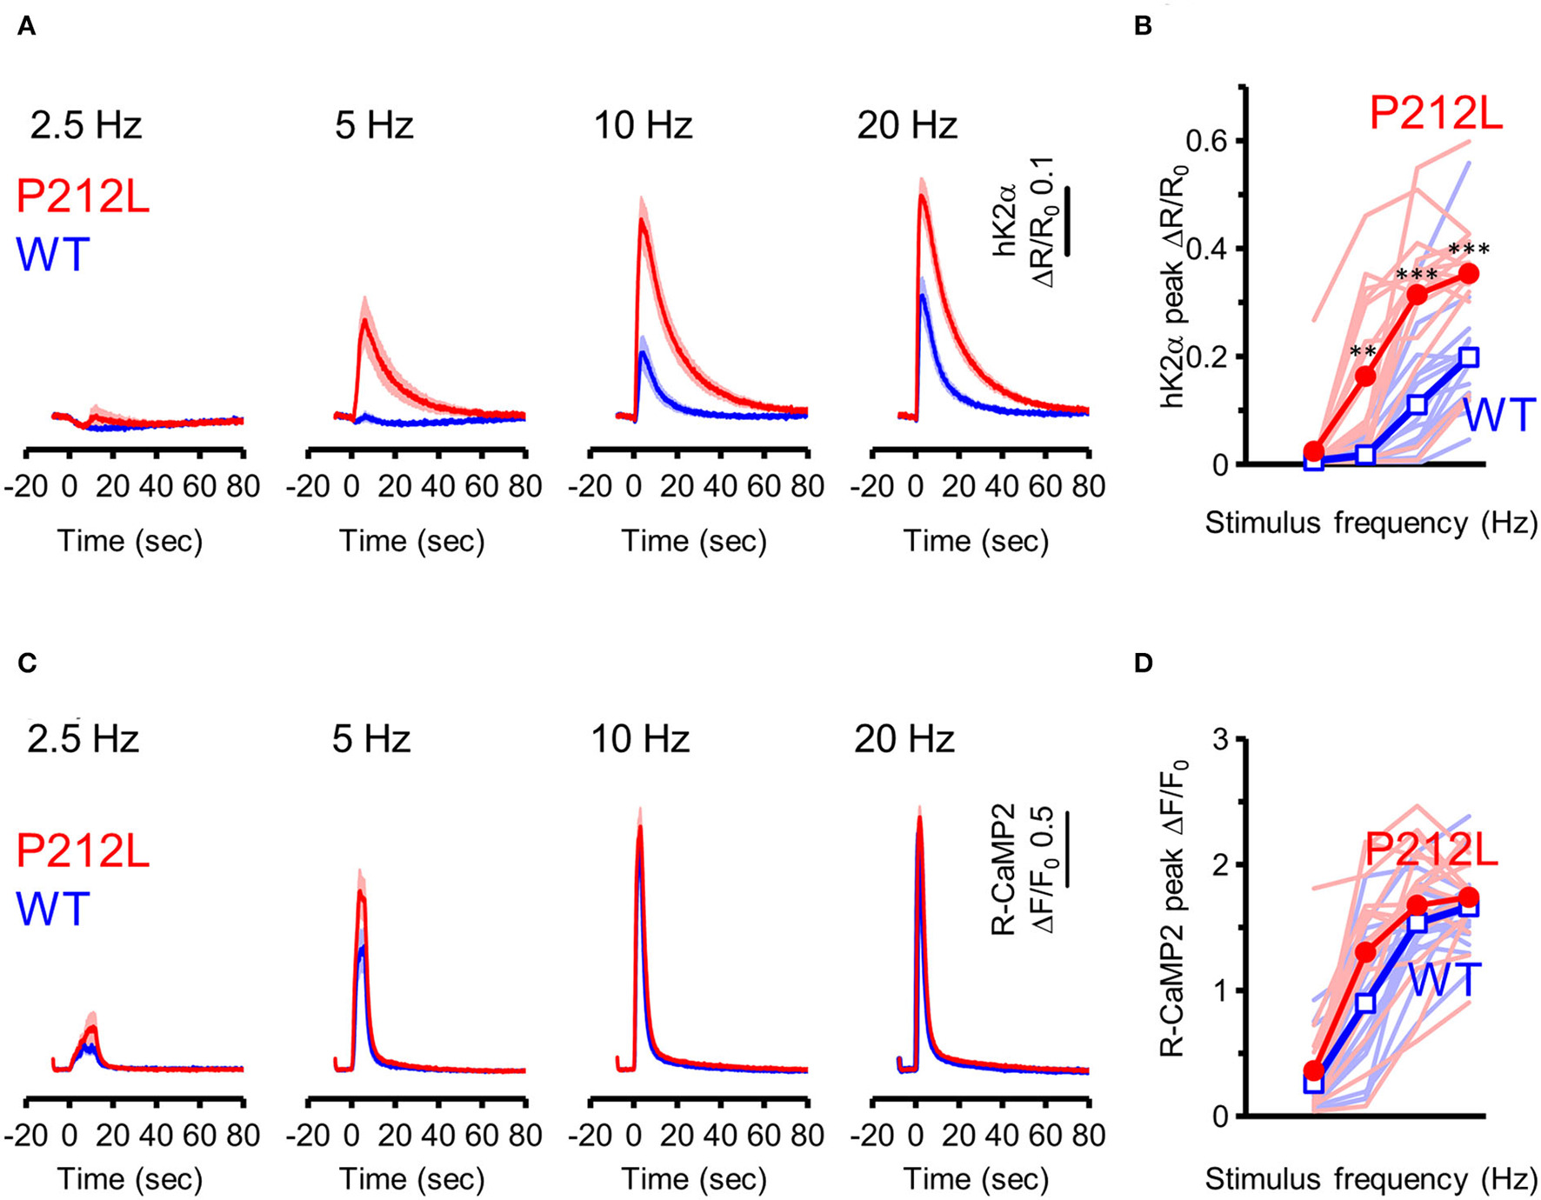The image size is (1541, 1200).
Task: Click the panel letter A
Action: tap(26, 27)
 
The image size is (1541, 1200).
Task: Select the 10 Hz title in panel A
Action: tap(643, 127)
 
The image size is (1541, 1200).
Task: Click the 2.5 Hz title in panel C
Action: tap(83, 739)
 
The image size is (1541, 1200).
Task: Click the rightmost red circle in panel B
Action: tap(1469, 274)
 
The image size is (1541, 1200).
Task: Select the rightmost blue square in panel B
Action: tap(1469, 357)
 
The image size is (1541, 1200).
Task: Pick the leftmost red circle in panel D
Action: tap(1314, 1070)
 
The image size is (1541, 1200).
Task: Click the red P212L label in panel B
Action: tap(1436, 114)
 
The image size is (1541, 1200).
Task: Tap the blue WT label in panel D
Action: tap(1444, 980)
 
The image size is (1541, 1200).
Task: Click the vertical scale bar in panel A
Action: tap(1067, 220)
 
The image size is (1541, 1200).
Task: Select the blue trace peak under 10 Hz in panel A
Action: tap(642, 352)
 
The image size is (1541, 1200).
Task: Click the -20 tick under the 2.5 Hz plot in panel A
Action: tap(26, 486)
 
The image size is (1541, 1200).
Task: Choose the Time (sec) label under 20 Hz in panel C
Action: tap(976, 1179)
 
